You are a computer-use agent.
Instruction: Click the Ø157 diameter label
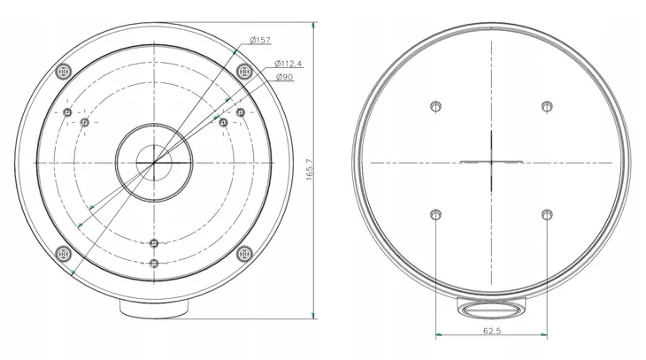tap(260, 40)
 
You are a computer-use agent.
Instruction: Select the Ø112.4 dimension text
tap(288, 64)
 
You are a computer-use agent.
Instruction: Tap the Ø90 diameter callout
tap(284, 77)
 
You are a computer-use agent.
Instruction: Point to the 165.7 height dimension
tap(311, 169)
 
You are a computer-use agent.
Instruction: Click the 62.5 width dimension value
tap(492, 331)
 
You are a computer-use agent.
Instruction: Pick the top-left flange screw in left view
tap(63, 72)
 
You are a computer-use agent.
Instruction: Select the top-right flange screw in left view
tap(245, 72)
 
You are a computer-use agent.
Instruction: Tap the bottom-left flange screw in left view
tap(63, 253)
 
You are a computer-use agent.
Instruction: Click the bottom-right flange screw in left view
tap(245, 253)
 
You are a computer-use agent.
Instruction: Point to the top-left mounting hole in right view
tap(436, 106)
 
